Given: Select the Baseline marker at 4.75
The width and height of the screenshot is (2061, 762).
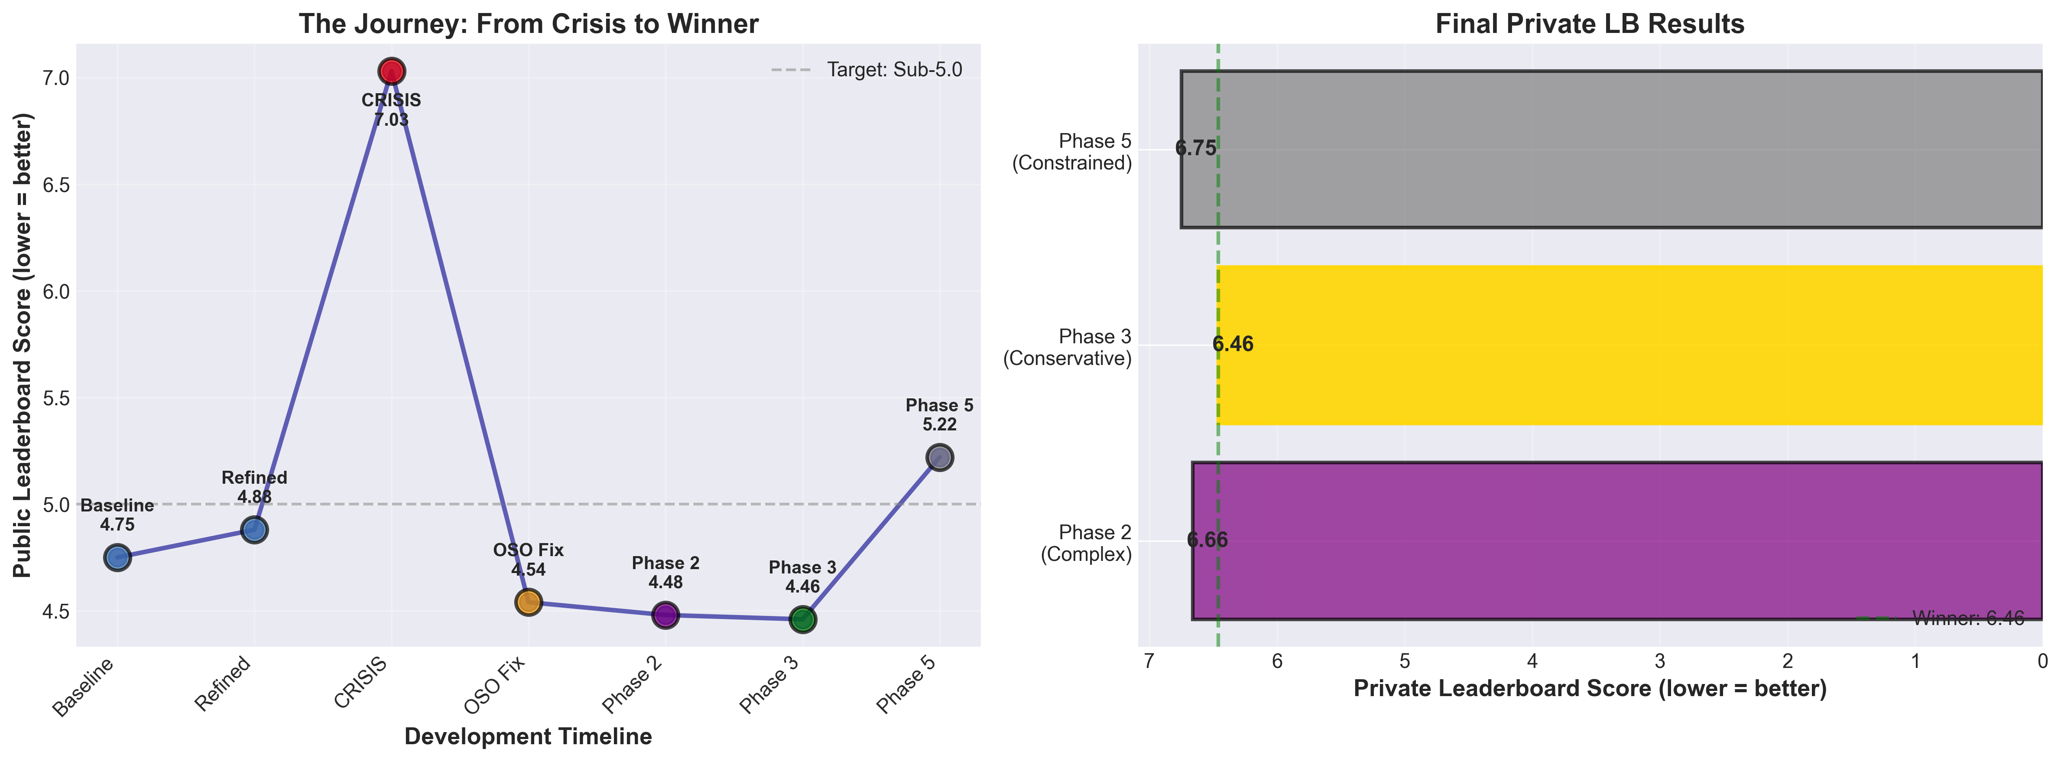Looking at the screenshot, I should tap(117, 558).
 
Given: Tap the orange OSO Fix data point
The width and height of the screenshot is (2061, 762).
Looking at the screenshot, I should tap(528, 602).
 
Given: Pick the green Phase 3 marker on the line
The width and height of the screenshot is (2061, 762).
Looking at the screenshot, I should tap(802, 619).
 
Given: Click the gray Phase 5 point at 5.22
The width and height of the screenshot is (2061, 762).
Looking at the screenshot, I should tap(939, 457).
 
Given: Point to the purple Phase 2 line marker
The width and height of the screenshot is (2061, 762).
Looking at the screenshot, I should tap(665, 615).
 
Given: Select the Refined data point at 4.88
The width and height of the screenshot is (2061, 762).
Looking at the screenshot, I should tap(254, 530).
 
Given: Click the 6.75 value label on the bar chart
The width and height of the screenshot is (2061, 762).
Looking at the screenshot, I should tap(1195, 149).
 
